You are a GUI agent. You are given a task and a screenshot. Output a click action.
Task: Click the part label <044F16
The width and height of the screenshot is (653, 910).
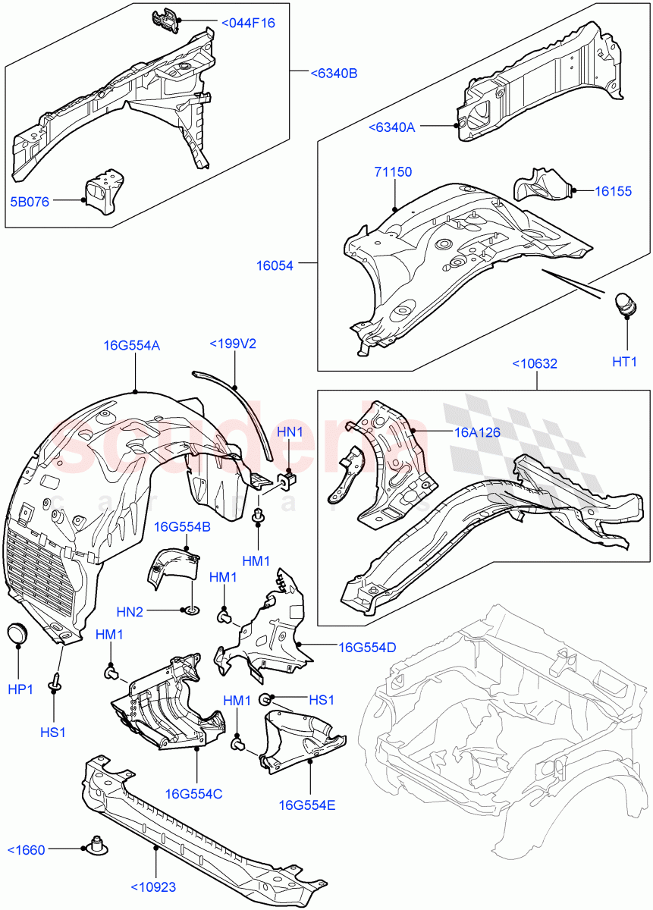248,23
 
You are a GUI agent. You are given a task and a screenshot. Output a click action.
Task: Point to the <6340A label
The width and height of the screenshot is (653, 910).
391,127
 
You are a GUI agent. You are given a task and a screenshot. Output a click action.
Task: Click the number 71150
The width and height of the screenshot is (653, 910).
393,172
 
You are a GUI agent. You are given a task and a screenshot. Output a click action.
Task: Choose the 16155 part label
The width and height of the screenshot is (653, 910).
613,191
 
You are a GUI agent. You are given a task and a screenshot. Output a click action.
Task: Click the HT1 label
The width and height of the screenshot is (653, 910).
624,362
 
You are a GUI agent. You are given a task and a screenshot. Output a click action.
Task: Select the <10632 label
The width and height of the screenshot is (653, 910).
535,363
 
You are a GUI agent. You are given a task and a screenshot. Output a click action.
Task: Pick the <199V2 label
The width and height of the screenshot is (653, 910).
233,344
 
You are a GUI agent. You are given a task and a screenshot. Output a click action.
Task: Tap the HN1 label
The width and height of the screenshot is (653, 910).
290,431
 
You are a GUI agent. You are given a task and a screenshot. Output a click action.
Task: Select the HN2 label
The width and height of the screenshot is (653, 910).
130,612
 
